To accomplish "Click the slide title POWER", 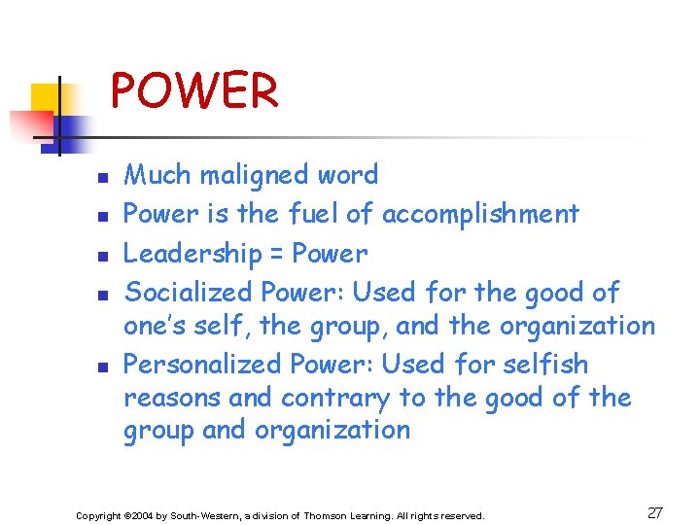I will [194, 91].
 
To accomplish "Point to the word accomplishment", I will [480, 214].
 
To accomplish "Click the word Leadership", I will [192, 254].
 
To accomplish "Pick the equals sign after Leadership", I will [275, 255].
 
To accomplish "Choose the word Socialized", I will [190, 292].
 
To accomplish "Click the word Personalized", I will [202, 365].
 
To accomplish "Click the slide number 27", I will [655, 513].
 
